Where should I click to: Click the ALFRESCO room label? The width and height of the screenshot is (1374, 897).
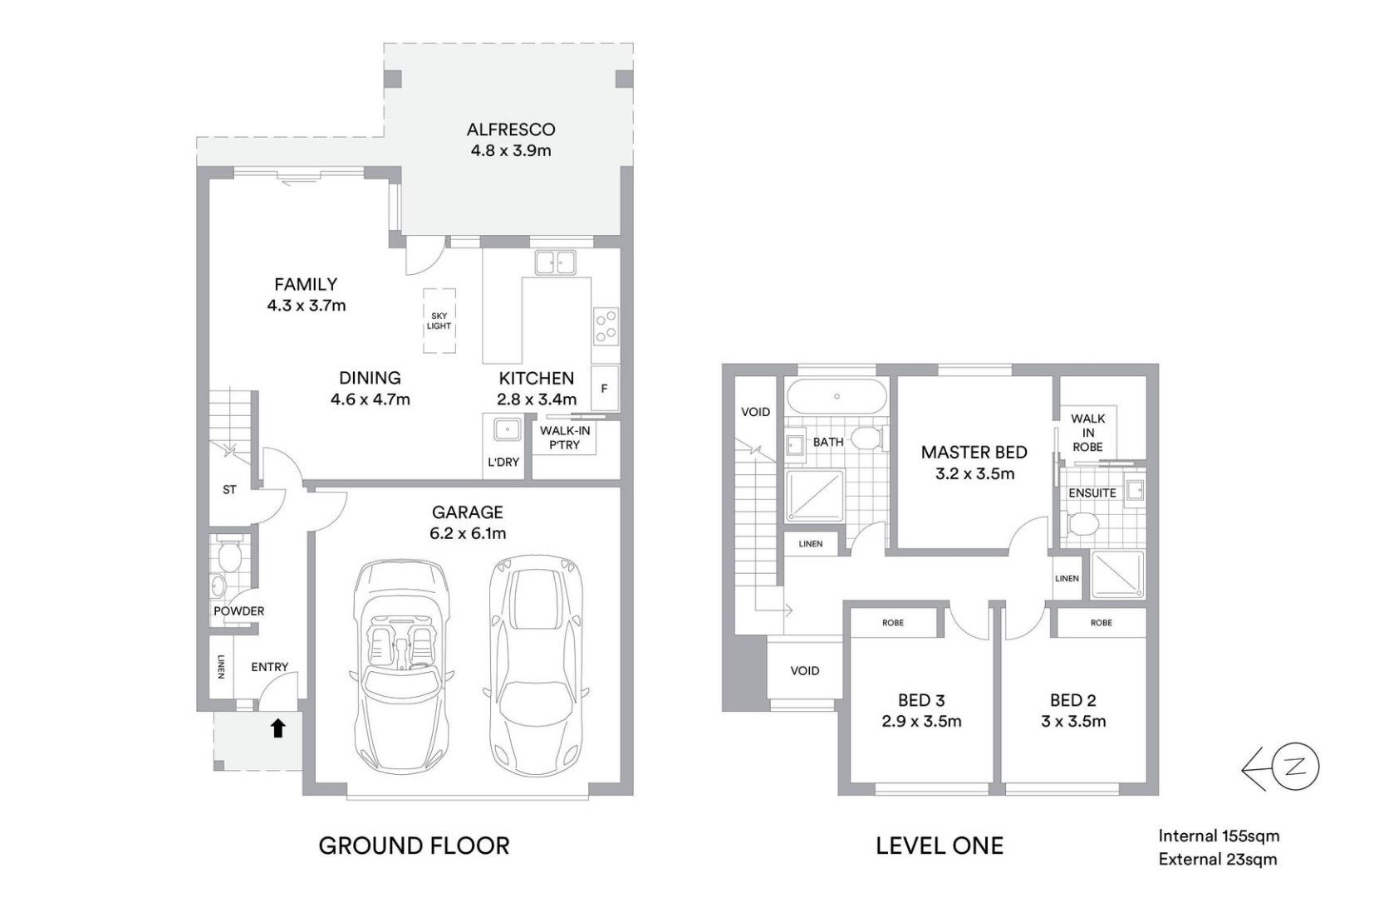(x=510, y=130)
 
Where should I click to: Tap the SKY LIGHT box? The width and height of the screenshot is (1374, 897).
(x=439, y=321)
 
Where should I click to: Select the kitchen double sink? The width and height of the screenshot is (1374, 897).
(x=555, y=262)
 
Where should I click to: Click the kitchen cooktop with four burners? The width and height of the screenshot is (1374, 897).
(x=606, y=326)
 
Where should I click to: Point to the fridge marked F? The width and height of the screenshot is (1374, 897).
(x=604, y=388)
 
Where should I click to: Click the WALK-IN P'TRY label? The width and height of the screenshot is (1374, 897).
(x=564, y=438)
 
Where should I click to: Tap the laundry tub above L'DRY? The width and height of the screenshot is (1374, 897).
(x=508, y=429)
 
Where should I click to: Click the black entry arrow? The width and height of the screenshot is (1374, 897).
(x=278, y=728)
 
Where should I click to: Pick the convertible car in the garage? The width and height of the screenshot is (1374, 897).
(x=402, y=666)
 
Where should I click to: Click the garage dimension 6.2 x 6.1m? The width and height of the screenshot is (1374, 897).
(x=468, y=533)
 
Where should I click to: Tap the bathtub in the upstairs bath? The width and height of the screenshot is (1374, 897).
(x=837, y=397)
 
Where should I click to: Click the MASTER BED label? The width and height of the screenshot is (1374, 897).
(x=974, y=453)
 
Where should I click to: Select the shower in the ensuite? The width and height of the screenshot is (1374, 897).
(x=1117, y=575)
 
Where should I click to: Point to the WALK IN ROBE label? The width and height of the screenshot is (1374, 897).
(x=1087, y=433)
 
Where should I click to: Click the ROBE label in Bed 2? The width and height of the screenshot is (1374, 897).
(x=1101, y=623)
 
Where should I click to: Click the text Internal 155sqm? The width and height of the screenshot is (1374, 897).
(x=1219, y=836)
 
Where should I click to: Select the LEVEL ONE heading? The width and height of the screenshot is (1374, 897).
(x=939, y=846)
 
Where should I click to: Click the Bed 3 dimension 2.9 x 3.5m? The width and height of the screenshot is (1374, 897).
(x=921, y=721)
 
